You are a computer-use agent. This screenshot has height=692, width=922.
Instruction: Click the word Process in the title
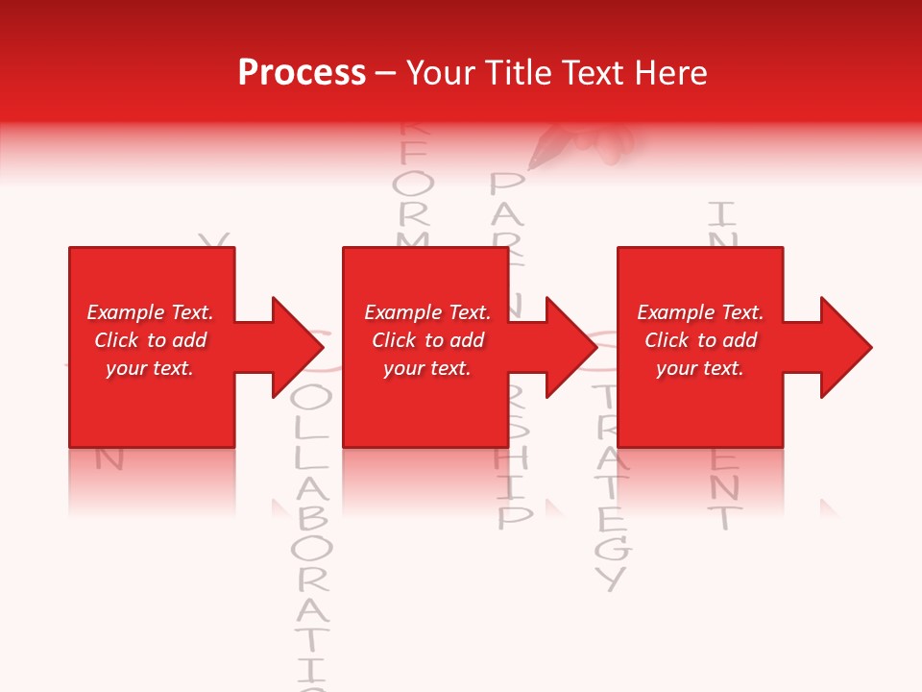tap(302, 73)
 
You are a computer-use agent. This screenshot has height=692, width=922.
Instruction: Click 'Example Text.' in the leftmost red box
tap(150, 312)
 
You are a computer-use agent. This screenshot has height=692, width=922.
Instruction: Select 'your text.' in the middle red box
tap(426, 368)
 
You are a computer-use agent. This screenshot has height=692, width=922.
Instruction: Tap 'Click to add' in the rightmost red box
tap(700, 340)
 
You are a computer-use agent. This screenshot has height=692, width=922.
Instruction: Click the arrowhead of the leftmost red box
tap(298, 347)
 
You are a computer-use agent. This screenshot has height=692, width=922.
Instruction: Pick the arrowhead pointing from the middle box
tap(571, 347)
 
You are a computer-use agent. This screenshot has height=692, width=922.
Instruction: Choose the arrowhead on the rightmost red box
tap(846, 347)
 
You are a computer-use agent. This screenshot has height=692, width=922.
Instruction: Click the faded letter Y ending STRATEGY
tap(610, 578)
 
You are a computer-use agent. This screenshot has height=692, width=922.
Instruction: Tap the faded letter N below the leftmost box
tap(109, 459)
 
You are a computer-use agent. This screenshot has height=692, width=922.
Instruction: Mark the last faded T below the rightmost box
tap(725, 519)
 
